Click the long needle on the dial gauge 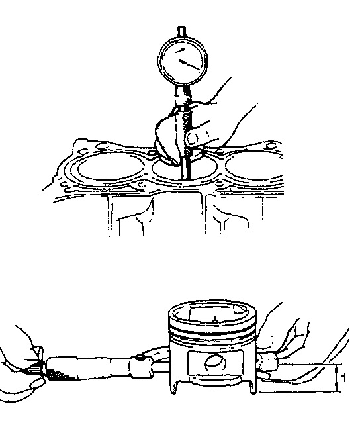click(x=190, y=65)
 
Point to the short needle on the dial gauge click(x=181, y=50)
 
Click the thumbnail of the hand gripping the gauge click(x=191, y=139)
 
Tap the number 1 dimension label click(x=343, y=378)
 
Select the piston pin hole click(x=216, y=363)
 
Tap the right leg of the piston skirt click(x=252, y=387)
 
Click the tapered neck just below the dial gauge click(x=182, y=95)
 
